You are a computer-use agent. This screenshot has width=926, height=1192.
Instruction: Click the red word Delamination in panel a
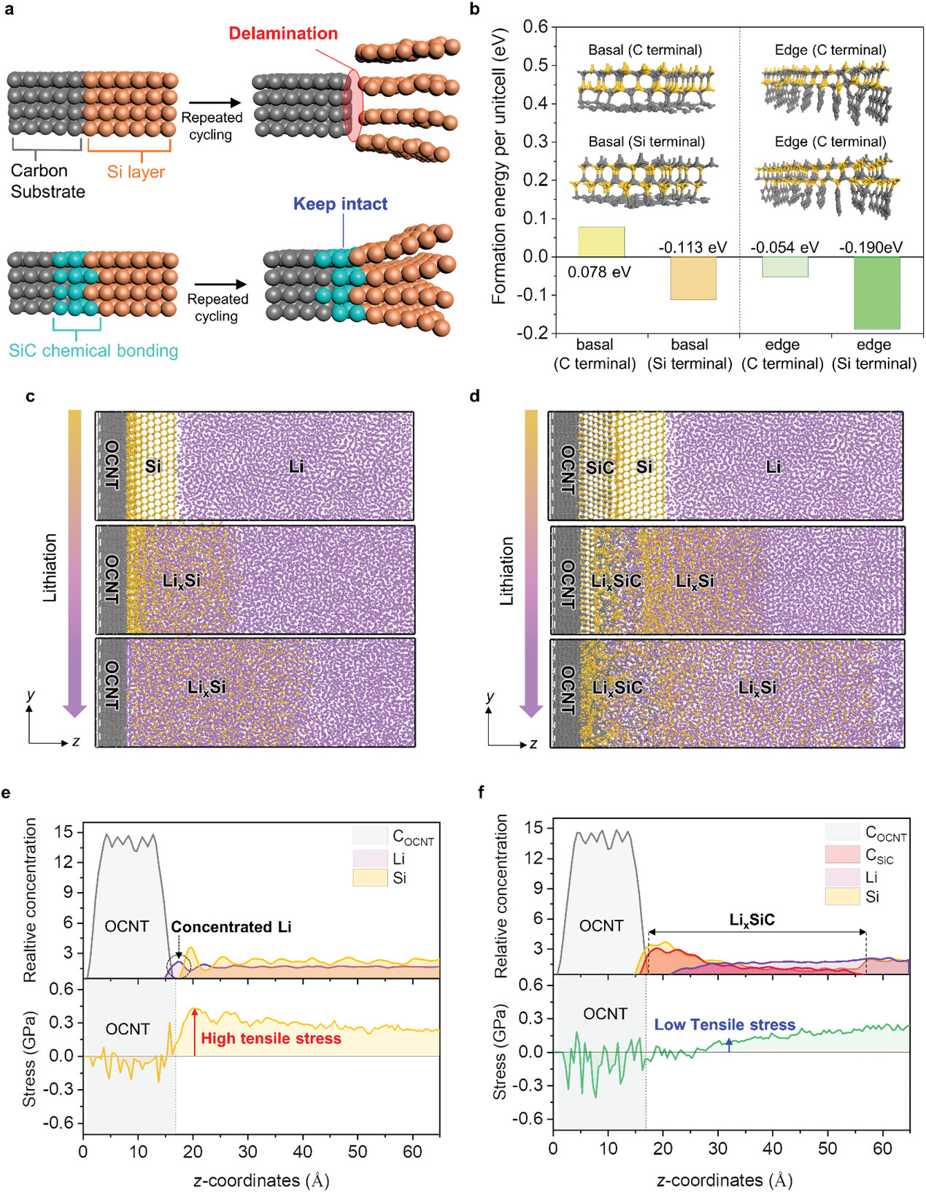pos(283,34)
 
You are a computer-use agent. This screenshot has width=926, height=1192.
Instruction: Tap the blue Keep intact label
pos(340,204)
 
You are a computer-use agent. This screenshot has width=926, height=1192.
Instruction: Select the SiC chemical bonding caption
pos(93,350)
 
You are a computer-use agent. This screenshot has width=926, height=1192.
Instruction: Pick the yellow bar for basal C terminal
pos(601,242)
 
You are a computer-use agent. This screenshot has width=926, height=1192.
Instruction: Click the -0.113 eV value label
pos(692,247)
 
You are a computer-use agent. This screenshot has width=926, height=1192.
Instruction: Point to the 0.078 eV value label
pos(599,272)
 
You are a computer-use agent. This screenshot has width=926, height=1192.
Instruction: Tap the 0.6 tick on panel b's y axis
pos(536,27)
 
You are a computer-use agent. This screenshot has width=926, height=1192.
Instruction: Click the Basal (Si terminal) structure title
pos(647,142)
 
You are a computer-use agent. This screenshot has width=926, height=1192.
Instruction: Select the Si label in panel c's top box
pos(153,466)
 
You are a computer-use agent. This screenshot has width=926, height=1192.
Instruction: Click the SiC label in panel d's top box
pos(600,467)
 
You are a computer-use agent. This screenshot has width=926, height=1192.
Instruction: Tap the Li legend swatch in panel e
pos(370,858)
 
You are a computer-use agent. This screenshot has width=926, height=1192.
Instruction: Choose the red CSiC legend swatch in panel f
pos(842,854)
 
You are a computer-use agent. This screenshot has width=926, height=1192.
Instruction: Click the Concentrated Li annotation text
pos(231,927)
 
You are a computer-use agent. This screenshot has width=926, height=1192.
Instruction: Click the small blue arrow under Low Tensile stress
pos(729,1045)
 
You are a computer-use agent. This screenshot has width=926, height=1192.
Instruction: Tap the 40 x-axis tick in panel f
pos(773,1148)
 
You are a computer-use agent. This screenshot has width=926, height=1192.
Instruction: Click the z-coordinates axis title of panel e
pos(261,1179)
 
